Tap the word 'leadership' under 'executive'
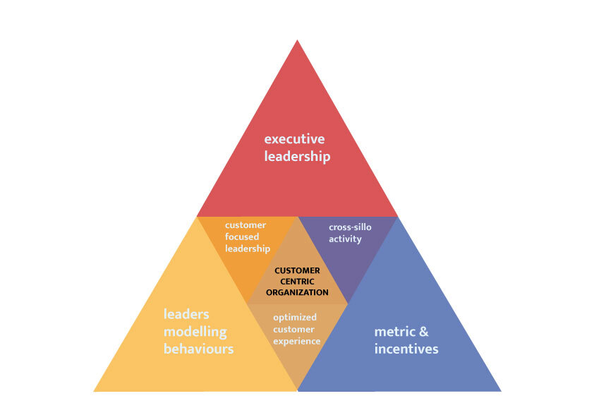coord(297,156)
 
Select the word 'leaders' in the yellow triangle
coord(186,313)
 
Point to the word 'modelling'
coord(195,331)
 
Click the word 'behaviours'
coord(198,349)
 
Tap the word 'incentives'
coord(406,349)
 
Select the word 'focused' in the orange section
coord(242,237)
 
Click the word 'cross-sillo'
coord(350,227)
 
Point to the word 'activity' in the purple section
coord(345,239)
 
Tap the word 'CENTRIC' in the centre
coord(296,281)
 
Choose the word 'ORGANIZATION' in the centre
coord(297,292)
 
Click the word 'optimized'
coord(295,317)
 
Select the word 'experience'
coord(296,341)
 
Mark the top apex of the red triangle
coord(297,40)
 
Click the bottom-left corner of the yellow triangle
coord(95,390)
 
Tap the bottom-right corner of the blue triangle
coord(500,390)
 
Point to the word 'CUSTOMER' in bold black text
coord(297,270)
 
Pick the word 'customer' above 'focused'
coord(246,225)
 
